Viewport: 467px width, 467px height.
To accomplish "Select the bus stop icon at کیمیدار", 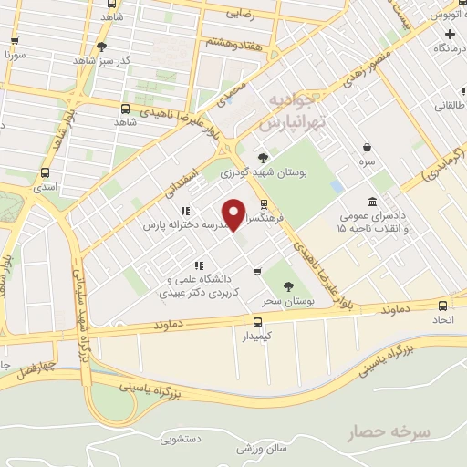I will coord(257,322).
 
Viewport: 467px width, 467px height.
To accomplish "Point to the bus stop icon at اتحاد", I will coord(442,306).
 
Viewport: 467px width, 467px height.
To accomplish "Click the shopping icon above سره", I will coord(367,147).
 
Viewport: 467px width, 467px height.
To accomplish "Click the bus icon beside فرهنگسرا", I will coord(264,204).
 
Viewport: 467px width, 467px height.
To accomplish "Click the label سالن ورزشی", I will coord(262,448).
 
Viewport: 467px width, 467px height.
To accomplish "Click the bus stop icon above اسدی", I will coord(46,172).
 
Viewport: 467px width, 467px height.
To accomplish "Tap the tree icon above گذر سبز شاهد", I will coord(101,47).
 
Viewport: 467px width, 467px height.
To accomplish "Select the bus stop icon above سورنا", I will coord(14,40).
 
